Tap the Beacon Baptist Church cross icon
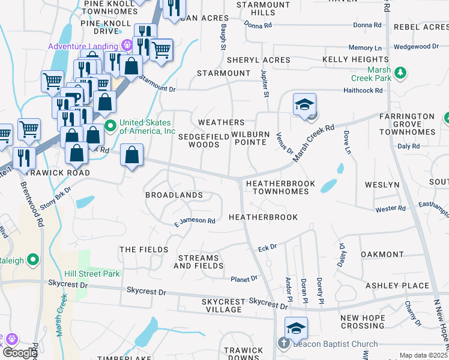click(285, 344)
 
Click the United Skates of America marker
click(110, 126)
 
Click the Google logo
click(19, 353)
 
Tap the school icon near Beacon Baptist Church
click(296, 329)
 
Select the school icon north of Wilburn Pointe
click(304, 104)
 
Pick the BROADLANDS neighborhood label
click(174, 195)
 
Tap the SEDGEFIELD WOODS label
click(203, 140)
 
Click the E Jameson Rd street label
click(194, 221)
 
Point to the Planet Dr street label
click(244, 278)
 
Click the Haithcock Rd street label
click(363, 91)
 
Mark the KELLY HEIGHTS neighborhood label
click(355, 60)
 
